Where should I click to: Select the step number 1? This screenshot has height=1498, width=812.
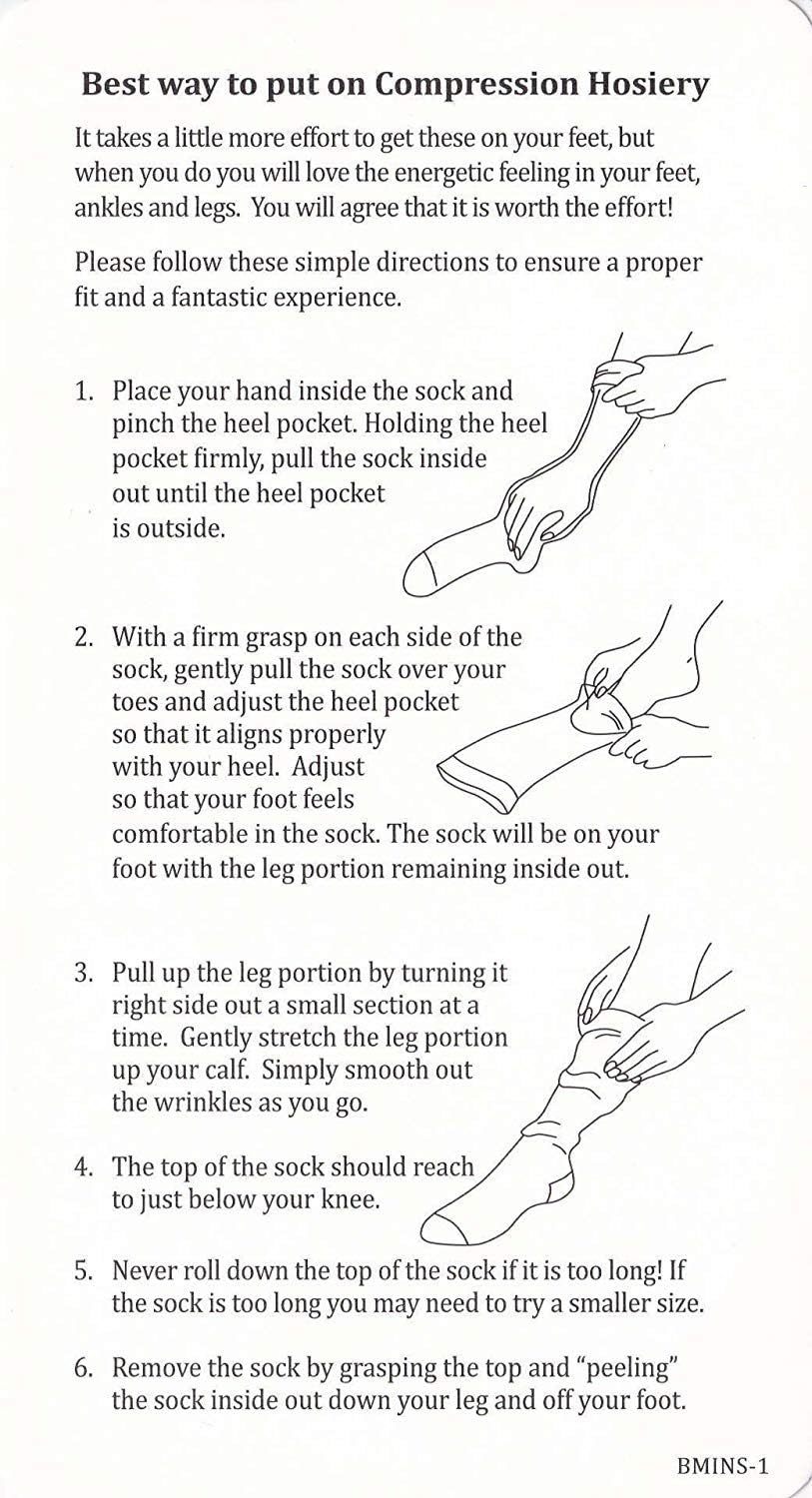(82, 391)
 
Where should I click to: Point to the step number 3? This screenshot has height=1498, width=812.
(82, 973)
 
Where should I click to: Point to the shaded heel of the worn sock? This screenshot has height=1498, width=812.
(560, 1186)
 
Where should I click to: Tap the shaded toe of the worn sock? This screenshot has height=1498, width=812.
(442, 1229)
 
